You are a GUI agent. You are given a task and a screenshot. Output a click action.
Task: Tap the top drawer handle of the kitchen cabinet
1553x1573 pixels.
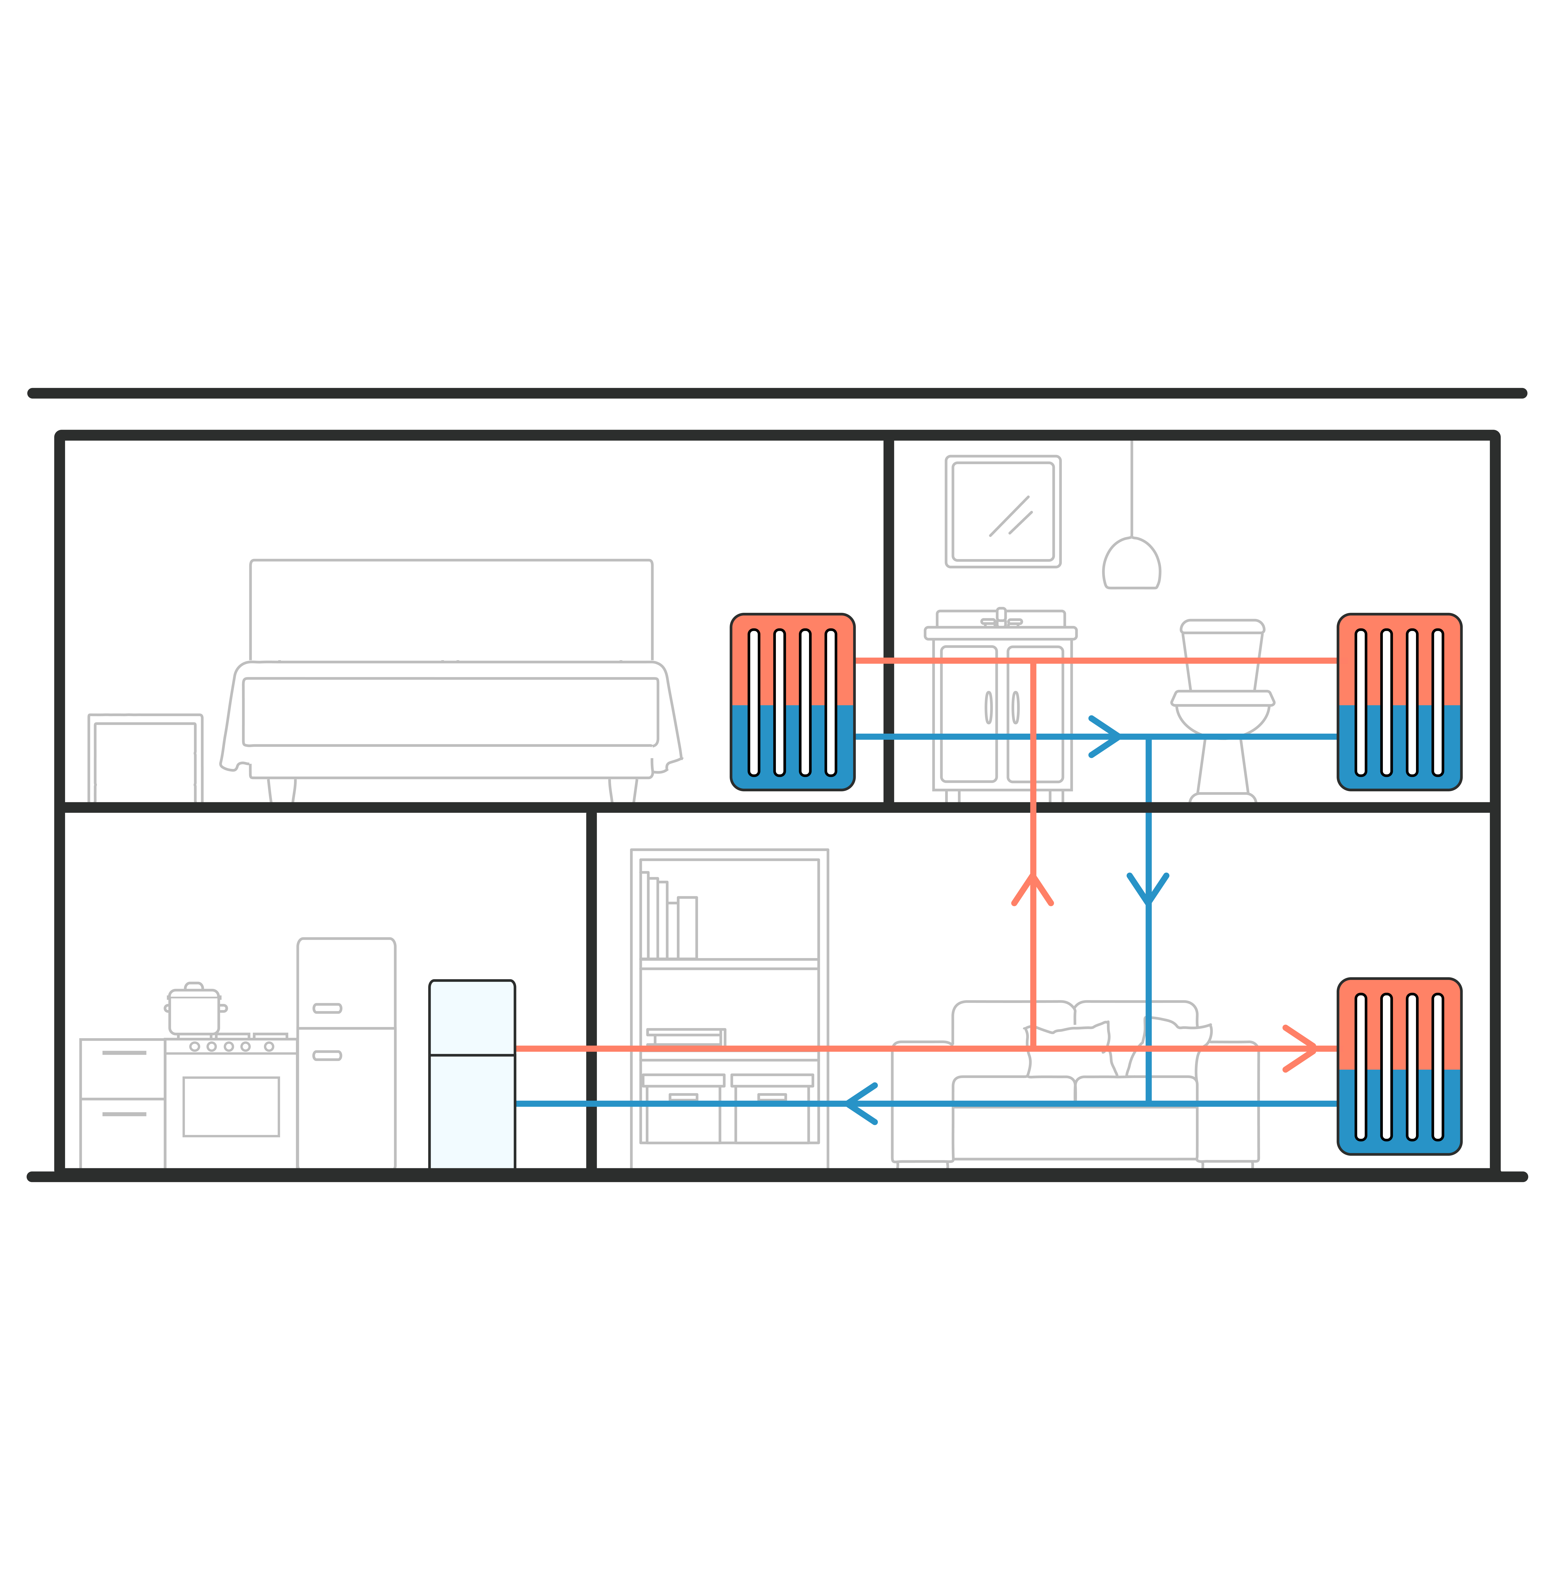point(124,1053)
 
